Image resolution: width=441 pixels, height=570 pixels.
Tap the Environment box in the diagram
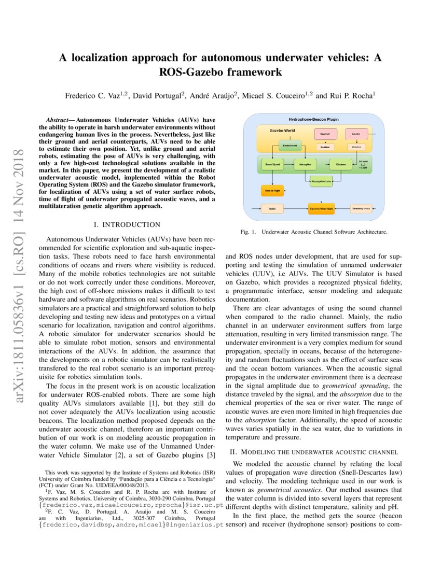click(x=290, y=147)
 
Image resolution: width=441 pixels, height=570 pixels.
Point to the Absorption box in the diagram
click(x=305, y=164)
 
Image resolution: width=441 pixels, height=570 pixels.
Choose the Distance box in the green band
click(x=340, y=164)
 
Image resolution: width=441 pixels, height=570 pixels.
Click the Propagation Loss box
click(x=322, y=182)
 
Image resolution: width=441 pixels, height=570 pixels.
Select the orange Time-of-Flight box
click(x=272, y=191)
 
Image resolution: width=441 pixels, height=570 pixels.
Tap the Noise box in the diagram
click(x=272, y=208)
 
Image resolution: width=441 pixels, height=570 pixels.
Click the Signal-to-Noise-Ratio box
click(x=322, y=208)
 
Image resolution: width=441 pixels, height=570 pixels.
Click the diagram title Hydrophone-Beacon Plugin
click(x=313, y=119)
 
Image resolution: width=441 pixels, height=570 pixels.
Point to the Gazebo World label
click(x=282, y=131)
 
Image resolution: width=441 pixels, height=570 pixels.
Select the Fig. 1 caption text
click(x=313, y=233)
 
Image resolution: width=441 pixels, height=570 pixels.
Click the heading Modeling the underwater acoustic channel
click(x=313, y=452)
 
